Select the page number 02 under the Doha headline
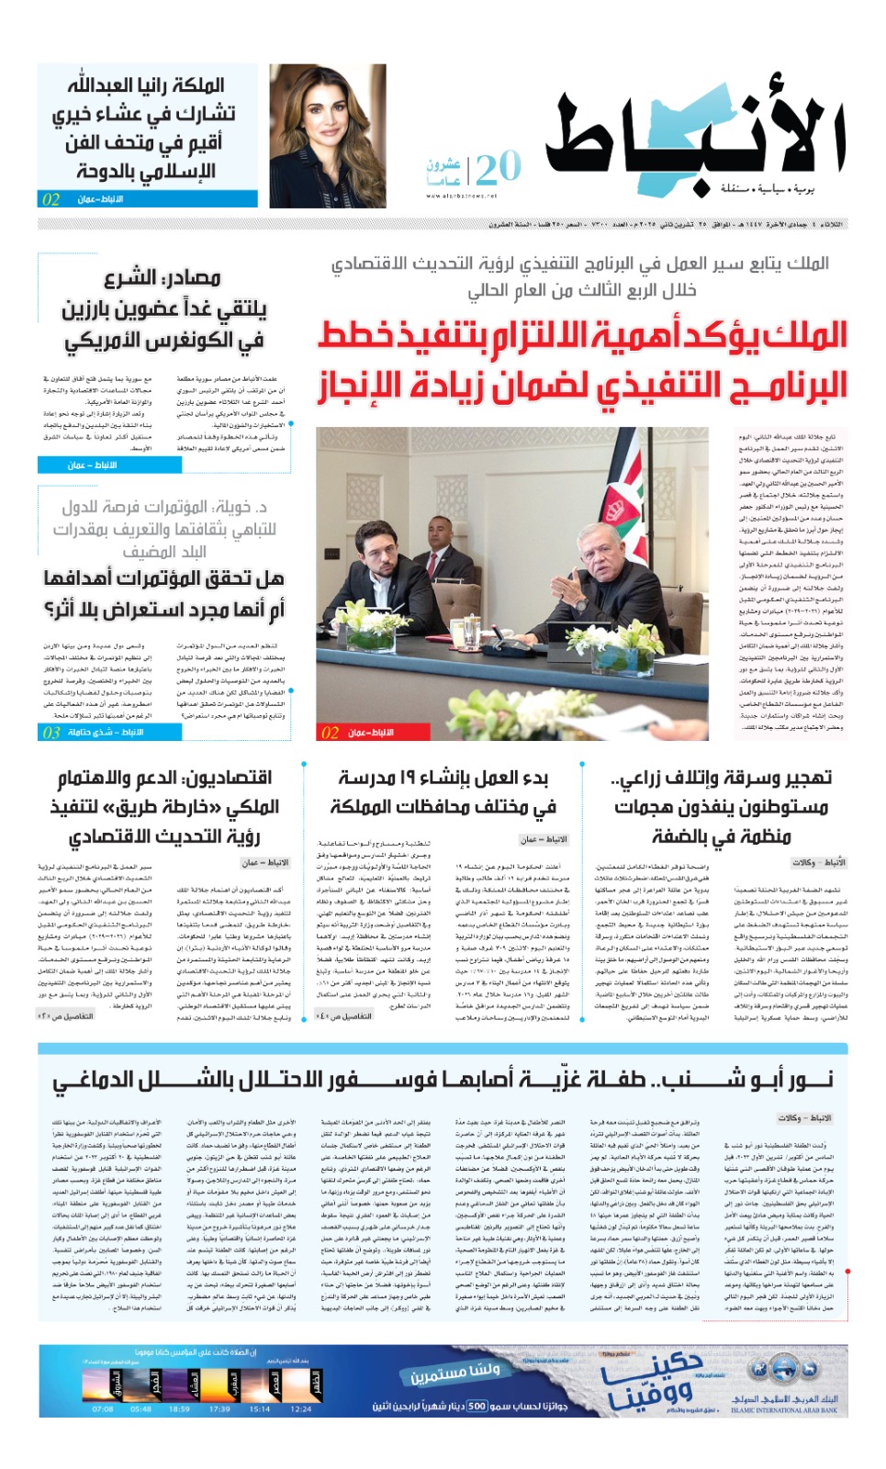(x=50, y=199)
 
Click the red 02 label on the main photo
(x=330, y=733)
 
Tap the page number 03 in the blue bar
(x=51, y=732)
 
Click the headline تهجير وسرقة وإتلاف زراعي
(x=722, y=779)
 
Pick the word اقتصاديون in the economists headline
(x=229, y=778)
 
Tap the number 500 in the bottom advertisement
(x=477, y=1406)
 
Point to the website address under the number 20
(x=461, y=196)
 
